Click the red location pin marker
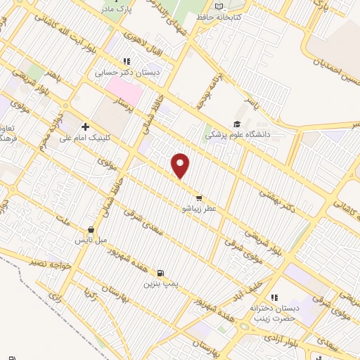(x=181, y=165)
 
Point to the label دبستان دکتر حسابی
(x=128, y=72)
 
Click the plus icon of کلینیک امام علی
(x=85, y=127)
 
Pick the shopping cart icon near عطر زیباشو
(x=200, y=198)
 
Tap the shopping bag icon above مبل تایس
(x=91, y=229)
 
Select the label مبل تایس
(x=91, y=240)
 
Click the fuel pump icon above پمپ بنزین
(x=162, y=273)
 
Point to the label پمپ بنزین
(x=158, y=283)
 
